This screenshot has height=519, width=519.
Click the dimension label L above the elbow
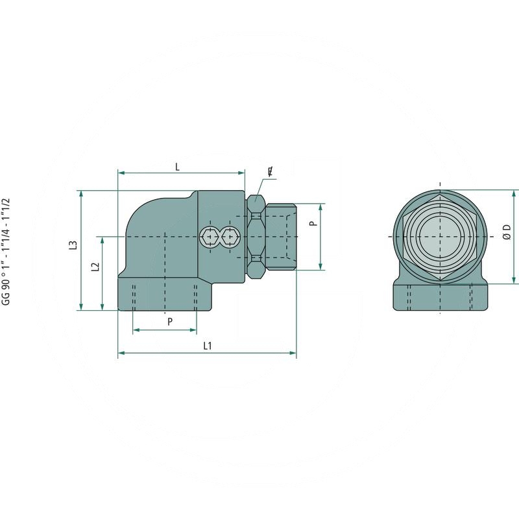177,166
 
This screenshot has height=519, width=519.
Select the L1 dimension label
207,346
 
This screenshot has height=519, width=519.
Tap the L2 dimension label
95,267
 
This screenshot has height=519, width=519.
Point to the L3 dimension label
73,245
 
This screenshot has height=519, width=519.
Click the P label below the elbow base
170,321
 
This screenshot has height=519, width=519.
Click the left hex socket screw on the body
210,237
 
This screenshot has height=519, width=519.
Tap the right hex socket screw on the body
229,237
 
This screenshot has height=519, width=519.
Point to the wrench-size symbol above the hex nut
270,172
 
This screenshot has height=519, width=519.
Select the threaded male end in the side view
281,237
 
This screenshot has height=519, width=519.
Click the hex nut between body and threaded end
256,237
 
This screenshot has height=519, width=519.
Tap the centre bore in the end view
440,236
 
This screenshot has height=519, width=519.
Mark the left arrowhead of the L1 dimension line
121,354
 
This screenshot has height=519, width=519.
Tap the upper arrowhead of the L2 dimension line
103,240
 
